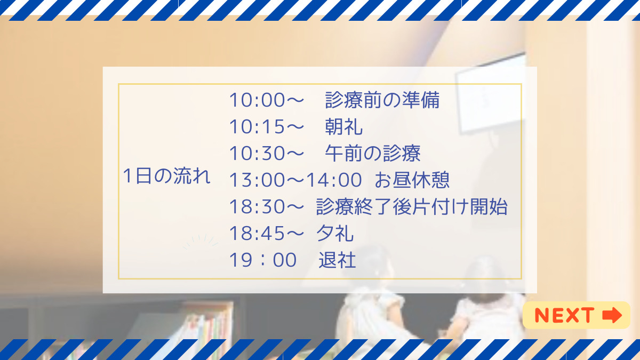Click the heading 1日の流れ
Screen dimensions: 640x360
166,176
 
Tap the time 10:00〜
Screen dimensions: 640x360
266,100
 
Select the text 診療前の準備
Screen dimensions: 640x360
382,100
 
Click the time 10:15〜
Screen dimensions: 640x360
266,126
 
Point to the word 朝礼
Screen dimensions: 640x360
344,126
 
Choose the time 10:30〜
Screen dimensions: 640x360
266,154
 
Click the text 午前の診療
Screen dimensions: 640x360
373,154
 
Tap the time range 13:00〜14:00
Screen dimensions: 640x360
295,180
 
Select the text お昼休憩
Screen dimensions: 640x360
412,180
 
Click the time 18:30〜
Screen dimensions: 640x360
266,207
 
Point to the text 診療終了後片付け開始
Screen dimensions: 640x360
412,207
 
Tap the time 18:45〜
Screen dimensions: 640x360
266,234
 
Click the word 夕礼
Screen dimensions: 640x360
335,234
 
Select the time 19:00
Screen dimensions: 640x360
263,260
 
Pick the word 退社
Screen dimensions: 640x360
337,260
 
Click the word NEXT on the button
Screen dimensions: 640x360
564,315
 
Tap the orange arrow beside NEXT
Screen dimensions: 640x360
612,315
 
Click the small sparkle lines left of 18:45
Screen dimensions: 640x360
201,242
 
